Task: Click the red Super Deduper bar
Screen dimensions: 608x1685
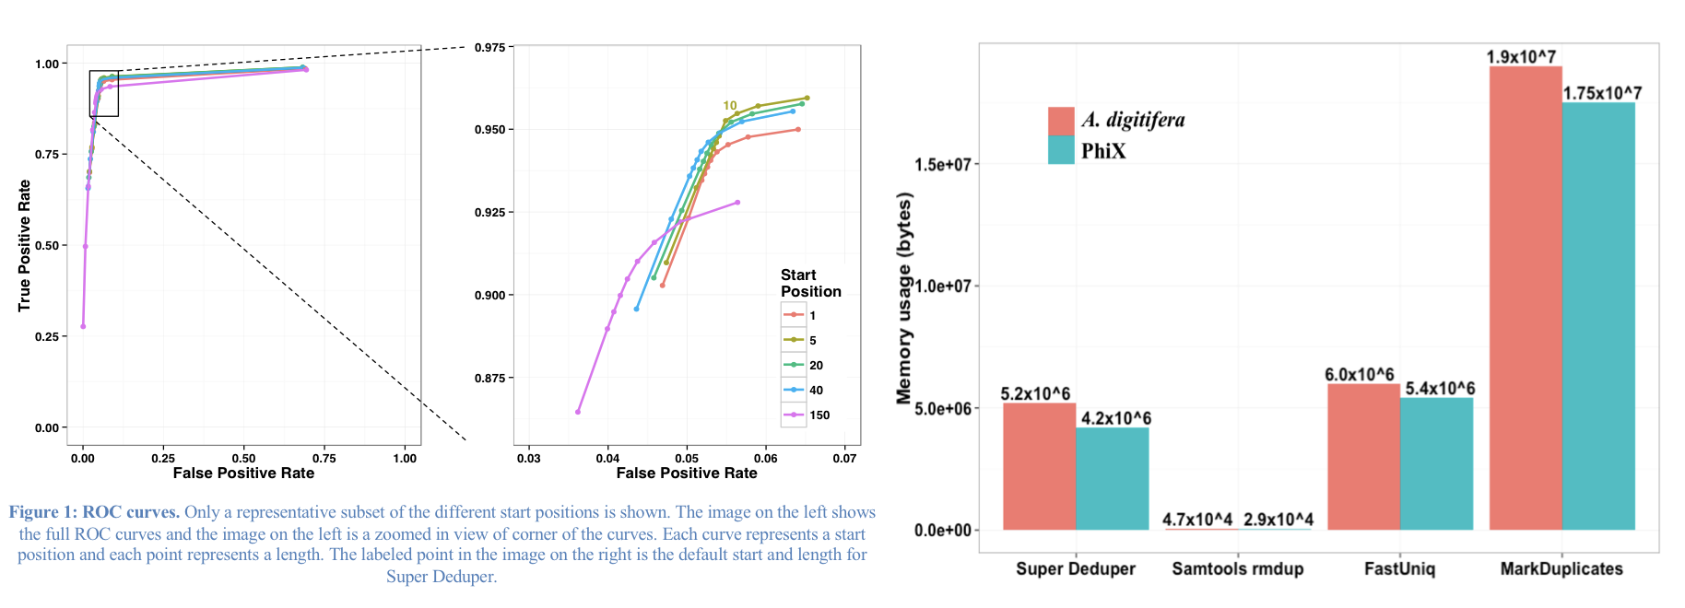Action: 1039,466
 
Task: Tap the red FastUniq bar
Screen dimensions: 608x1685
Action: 1363,457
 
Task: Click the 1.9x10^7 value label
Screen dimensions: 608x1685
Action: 1521,57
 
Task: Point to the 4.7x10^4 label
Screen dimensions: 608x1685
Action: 1196,520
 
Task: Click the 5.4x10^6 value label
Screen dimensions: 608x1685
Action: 1440,389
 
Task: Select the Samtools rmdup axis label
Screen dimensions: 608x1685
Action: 1237,568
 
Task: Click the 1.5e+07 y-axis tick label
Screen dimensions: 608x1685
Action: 942,165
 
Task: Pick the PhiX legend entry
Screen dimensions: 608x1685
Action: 1103,151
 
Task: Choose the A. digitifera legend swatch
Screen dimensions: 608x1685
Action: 1061,121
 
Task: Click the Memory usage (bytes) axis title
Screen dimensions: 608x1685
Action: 904,298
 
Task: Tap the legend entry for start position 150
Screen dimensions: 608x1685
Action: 807,415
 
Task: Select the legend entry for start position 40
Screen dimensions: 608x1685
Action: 805,391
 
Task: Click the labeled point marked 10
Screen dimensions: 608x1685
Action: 726,120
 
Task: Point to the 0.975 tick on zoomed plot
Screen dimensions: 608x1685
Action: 489,47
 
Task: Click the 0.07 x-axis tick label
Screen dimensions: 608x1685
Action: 844,458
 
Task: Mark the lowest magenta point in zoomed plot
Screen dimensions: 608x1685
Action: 578,412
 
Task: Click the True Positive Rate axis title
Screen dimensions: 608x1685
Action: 25,245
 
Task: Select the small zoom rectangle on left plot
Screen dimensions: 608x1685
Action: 104,93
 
